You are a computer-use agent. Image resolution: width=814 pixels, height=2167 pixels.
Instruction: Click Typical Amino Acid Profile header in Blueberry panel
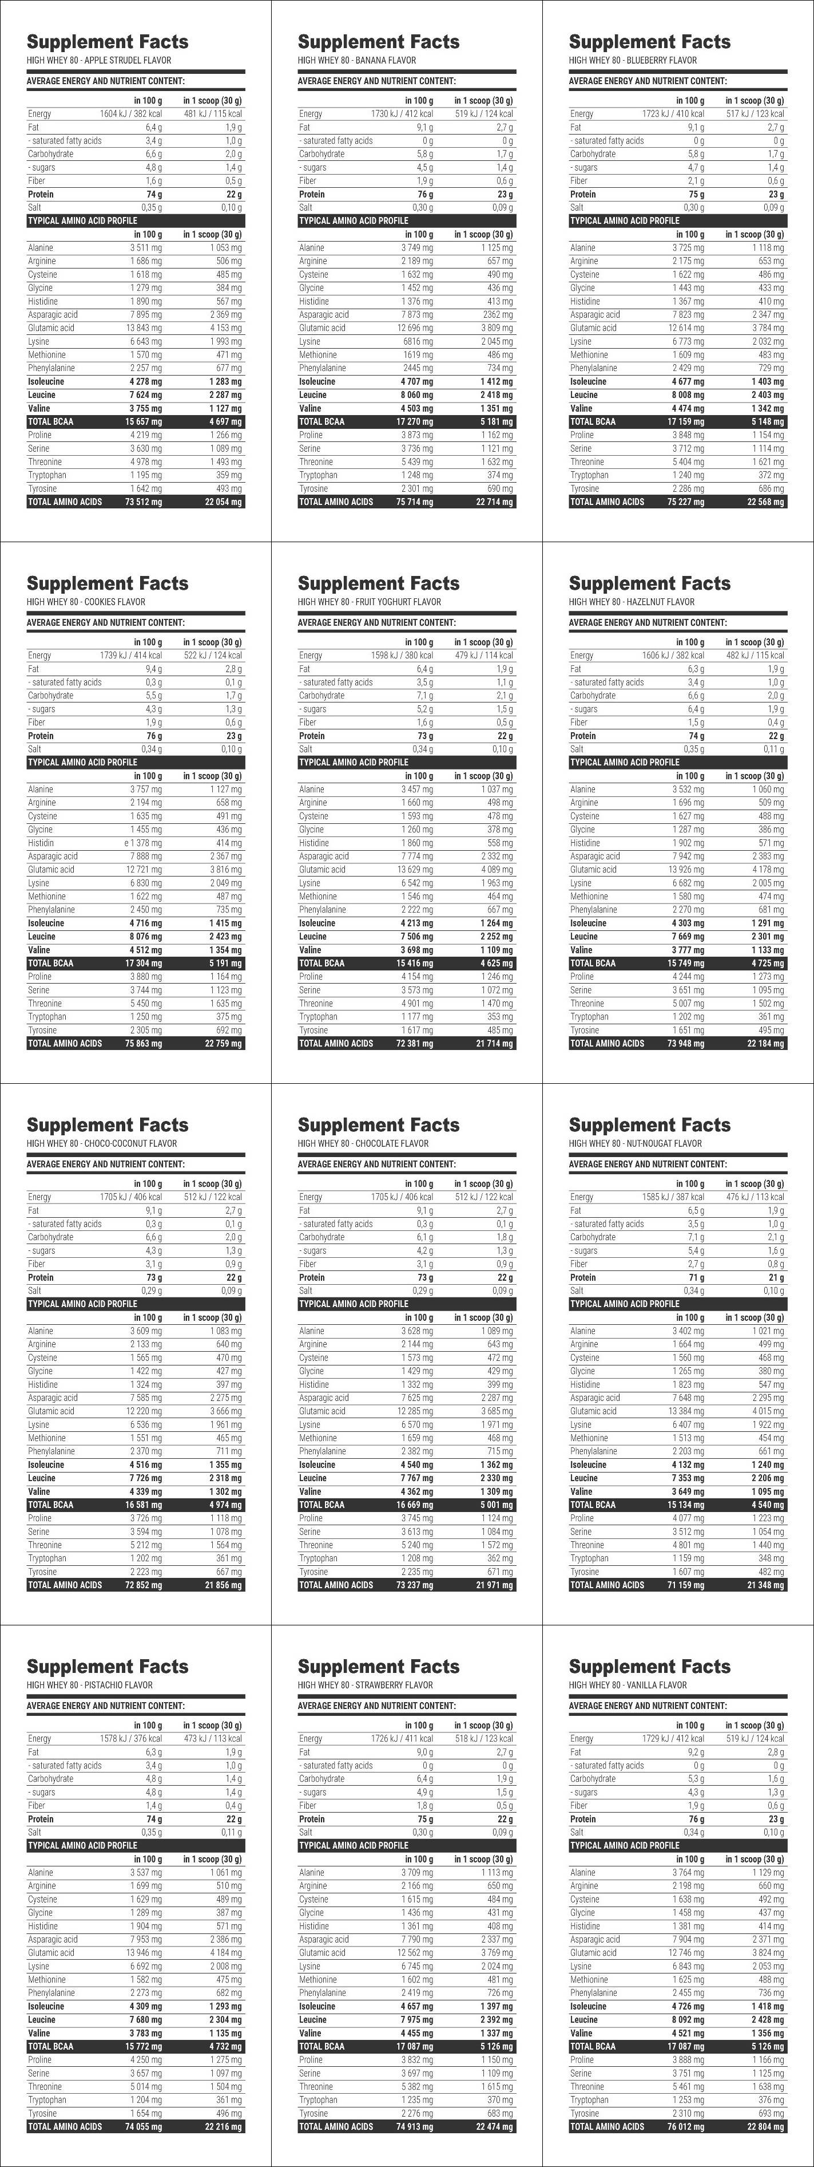[x=624, y=220]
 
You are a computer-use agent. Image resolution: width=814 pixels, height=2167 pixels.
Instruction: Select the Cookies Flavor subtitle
[x=86, y=602]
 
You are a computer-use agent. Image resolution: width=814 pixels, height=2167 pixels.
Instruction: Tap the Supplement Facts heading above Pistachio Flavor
[x=108, y=1667]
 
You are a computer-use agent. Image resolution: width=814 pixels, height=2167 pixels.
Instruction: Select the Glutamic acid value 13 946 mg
[x=145, y=1952]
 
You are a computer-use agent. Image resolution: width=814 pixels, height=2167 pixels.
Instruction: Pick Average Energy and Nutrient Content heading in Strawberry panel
[x=377, y=1706]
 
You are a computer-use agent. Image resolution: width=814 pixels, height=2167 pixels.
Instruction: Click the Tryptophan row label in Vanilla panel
[x=589, y=2099]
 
